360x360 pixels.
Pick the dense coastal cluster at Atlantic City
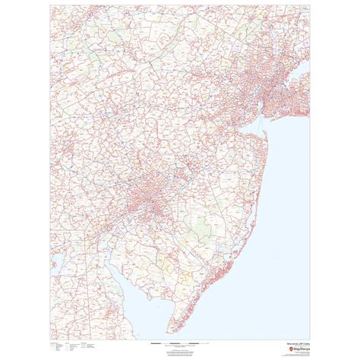pos(229,251)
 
